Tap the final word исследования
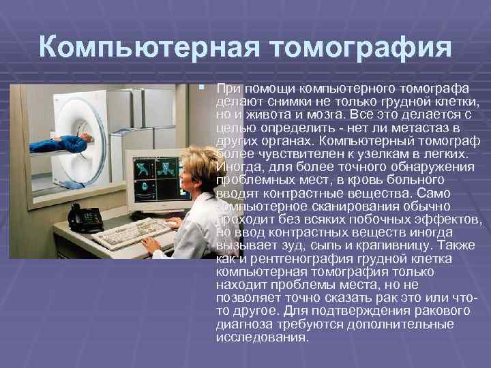click(262, 337)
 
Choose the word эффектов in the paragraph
click(453, 219)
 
